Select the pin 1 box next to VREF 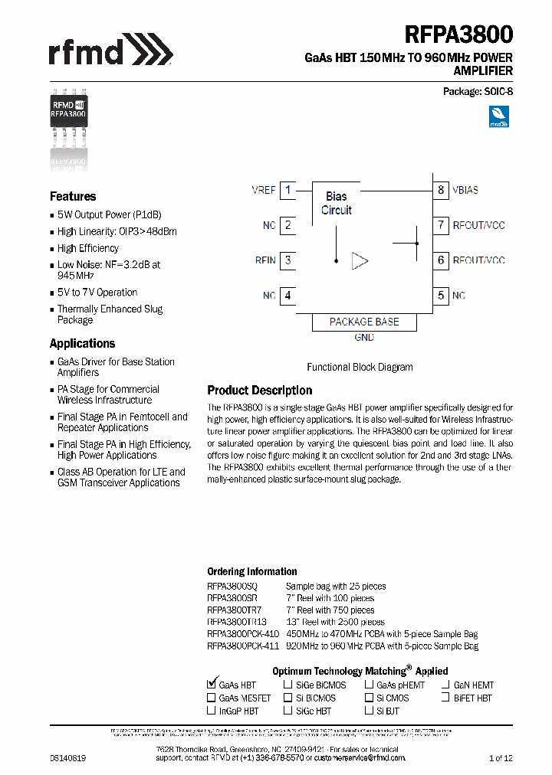tap(287, 190)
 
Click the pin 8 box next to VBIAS tap(441, 190)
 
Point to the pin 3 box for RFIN tap(287, 260)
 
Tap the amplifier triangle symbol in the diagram tap(359, 261)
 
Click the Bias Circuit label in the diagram tap(336, 203)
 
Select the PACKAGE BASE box tap(364, 322)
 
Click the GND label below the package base tap(364, 338)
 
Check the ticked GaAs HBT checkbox tap(212, 685)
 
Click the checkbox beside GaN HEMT tap(445, 685)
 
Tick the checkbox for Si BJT tap(369, 711)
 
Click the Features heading tap(73, 197)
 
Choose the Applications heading tap(82, 344)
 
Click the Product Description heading tap(260, 391)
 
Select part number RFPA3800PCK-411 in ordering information tap(243, 646)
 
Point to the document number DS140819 tap(68, 757)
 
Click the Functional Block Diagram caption tap(360, 368)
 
